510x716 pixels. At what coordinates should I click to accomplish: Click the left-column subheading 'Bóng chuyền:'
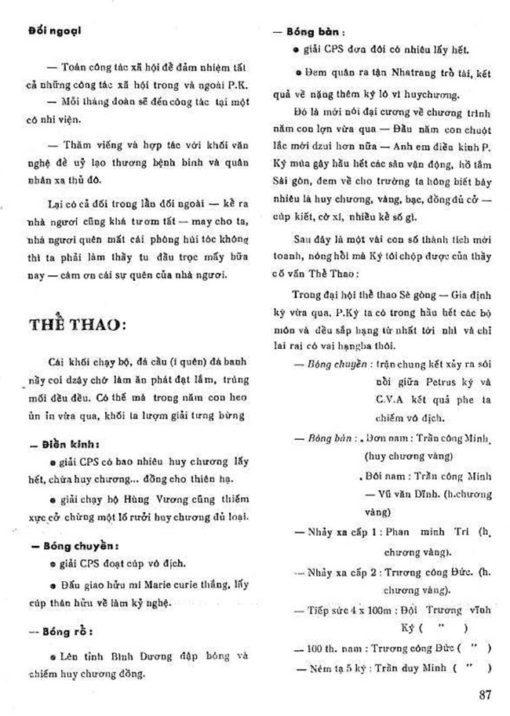click(x=74, y=545)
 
